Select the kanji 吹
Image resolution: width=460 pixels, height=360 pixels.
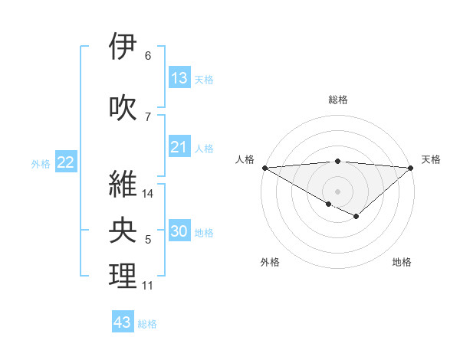pos(123,108)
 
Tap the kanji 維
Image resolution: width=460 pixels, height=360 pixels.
pos(123,184)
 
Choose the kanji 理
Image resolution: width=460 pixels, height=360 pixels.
pos(123,277)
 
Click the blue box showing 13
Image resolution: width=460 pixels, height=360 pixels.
pos(179,78)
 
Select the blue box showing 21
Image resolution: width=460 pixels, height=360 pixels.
pos(179,147)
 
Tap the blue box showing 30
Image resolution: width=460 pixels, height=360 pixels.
pos(179,232)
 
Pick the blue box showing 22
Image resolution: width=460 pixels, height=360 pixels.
pos(65,162)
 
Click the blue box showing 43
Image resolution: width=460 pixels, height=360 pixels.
pos(123,322)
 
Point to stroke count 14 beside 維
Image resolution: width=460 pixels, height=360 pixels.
pos(149,194)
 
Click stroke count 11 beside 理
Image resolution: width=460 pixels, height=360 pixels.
pos(148,286)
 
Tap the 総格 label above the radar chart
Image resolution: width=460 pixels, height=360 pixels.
pos(338,100)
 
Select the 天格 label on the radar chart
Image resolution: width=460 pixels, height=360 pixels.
pos(431,159)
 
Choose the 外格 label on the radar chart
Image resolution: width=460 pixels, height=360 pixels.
pos(270,263)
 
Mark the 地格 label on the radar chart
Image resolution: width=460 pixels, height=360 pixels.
pos(402,263)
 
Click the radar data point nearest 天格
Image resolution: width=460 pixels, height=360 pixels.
pos(412,168)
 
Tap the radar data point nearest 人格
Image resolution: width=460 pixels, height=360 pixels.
pos(264,168)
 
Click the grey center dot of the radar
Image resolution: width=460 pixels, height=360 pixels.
pos(338,191)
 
